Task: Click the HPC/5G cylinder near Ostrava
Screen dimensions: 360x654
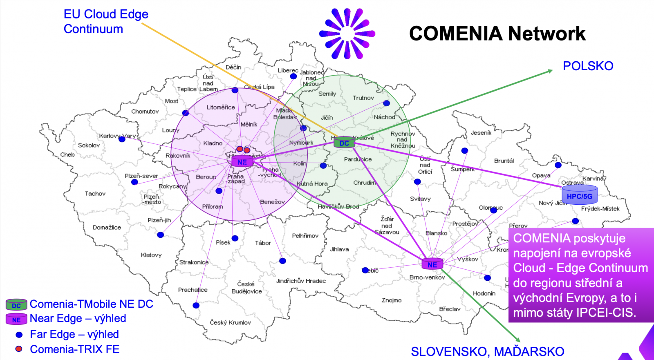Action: coord(579,195)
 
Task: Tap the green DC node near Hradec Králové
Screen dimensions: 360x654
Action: coord(344,143)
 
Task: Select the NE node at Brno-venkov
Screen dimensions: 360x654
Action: coord(432,264)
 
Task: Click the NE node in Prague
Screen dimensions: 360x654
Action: coord(242,162)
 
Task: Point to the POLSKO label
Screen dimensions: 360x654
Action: coord(588,66)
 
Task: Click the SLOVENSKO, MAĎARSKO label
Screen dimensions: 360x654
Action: coord(487,351)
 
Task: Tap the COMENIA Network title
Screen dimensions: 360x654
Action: coord(497,34)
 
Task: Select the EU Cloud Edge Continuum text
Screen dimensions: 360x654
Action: coord(106,22)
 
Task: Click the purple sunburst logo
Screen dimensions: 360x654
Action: coord(347,34)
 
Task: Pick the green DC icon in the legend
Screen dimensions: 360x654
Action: coord(16,305)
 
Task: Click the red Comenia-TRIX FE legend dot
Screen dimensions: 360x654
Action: coord(19,349)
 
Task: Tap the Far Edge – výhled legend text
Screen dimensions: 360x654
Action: coord(74,334)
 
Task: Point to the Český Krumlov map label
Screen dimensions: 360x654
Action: coord(230,322)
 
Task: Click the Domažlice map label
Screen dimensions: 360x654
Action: coord(107,228)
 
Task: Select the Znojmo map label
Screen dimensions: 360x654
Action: coord(392,300)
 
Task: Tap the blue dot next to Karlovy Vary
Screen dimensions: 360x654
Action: coord(122,139)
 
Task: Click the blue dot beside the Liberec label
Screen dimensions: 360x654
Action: coord(293,76)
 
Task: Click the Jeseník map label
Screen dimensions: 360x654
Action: coord(481,133)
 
